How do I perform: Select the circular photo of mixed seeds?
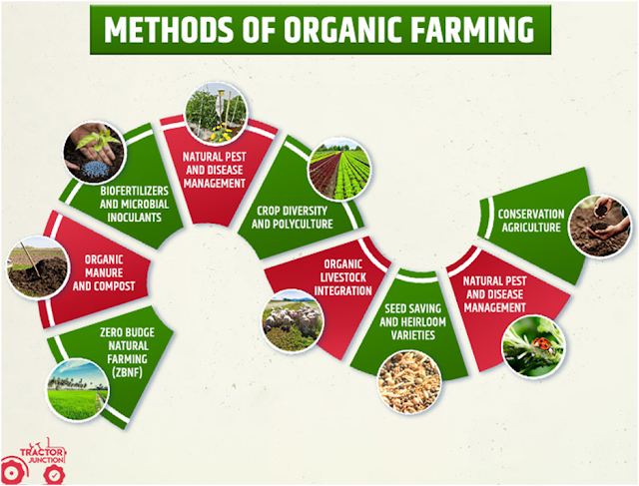(409, 381)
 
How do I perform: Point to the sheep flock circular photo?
(293, 321)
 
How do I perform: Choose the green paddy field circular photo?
(78, 390)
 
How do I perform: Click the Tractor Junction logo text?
(42, 455)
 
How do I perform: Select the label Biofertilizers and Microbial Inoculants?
(134, 205)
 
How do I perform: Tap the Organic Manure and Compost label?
(104, 273)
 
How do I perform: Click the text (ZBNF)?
(127, 372)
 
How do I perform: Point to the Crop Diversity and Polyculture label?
(293, 218)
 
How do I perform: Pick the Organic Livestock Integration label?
(343, 277)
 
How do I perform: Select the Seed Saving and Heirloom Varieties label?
(412, 321)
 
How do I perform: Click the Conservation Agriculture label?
(531, 221)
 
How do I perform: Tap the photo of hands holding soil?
(599, 227)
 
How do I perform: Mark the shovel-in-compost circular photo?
(38, 267)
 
